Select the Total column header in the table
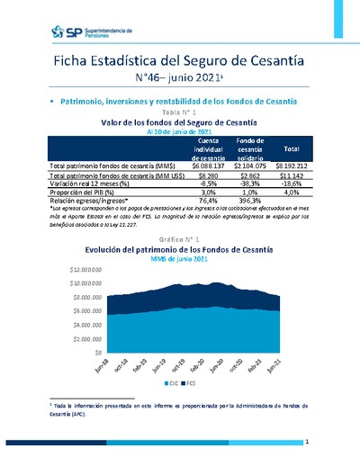click(291, 148)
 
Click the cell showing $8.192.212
click(291, 166)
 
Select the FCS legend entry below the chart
click(192, 382)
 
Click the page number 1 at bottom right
click(307, 442)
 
